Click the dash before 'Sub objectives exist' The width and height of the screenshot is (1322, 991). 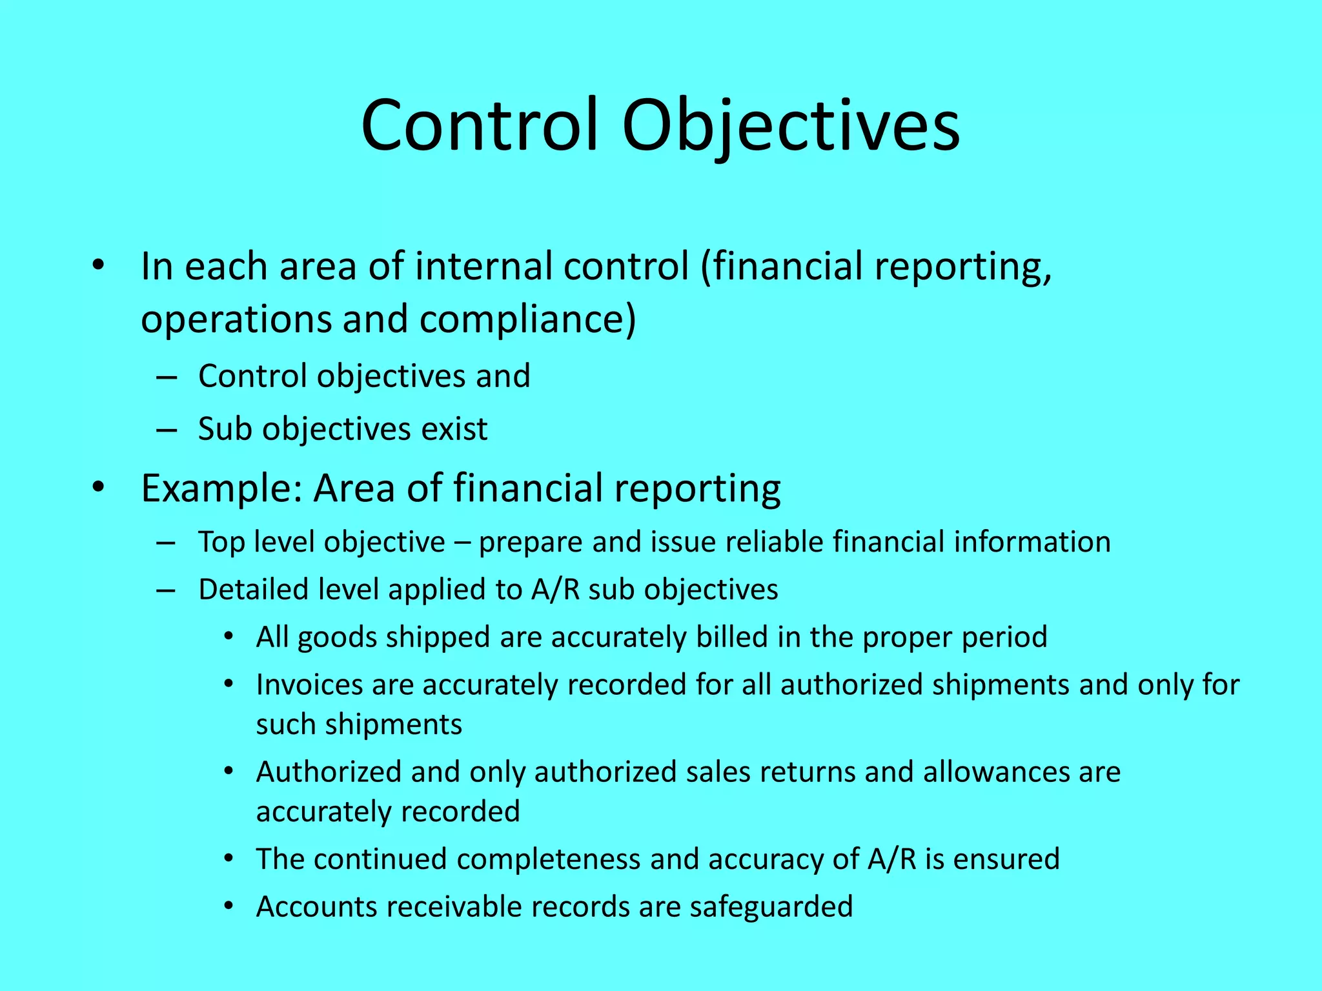pos(167,430)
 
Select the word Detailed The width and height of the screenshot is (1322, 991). pos(243,590)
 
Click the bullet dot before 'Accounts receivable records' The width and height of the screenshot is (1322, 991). pos(228,906)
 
